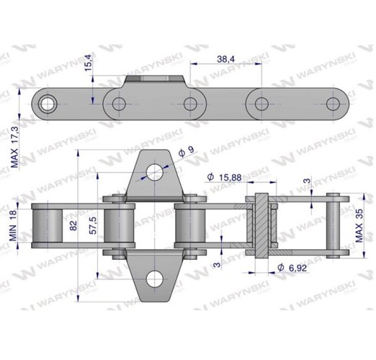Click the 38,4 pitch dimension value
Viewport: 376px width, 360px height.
pos(225,59)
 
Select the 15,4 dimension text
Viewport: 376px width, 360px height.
pos(88,63)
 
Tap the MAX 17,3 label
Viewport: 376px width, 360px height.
pos(14,147)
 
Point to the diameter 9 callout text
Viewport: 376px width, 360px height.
pos(187,151)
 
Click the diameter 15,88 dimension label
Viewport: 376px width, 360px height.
pos(224,177)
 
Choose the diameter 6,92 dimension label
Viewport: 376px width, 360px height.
pos(292,268)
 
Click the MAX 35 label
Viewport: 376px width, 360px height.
pos(359,225)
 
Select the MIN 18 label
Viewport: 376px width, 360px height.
pos(13,225)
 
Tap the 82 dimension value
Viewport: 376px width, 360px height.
pos(73,225)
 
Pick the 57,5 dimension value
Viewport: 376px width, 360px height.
pos(93,225)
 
